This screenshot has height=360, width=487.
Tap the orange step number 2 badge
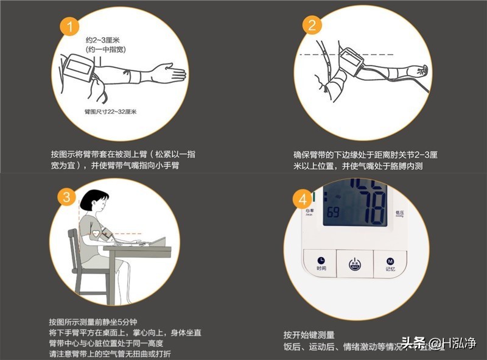312,26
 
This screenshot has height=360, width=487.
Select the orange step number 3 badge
68,196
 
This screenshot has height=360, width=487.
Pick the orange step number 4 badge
303,199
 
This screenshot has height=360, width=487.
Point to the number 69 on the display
333,213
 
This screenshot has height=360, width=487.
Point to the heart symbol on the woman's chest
95,234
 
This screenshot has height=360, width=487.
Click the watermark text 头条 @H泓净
437,345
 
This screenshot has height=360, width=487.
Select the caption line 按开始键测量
309,335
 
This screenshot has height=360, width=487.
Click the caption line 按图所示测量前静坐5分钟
93,322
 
